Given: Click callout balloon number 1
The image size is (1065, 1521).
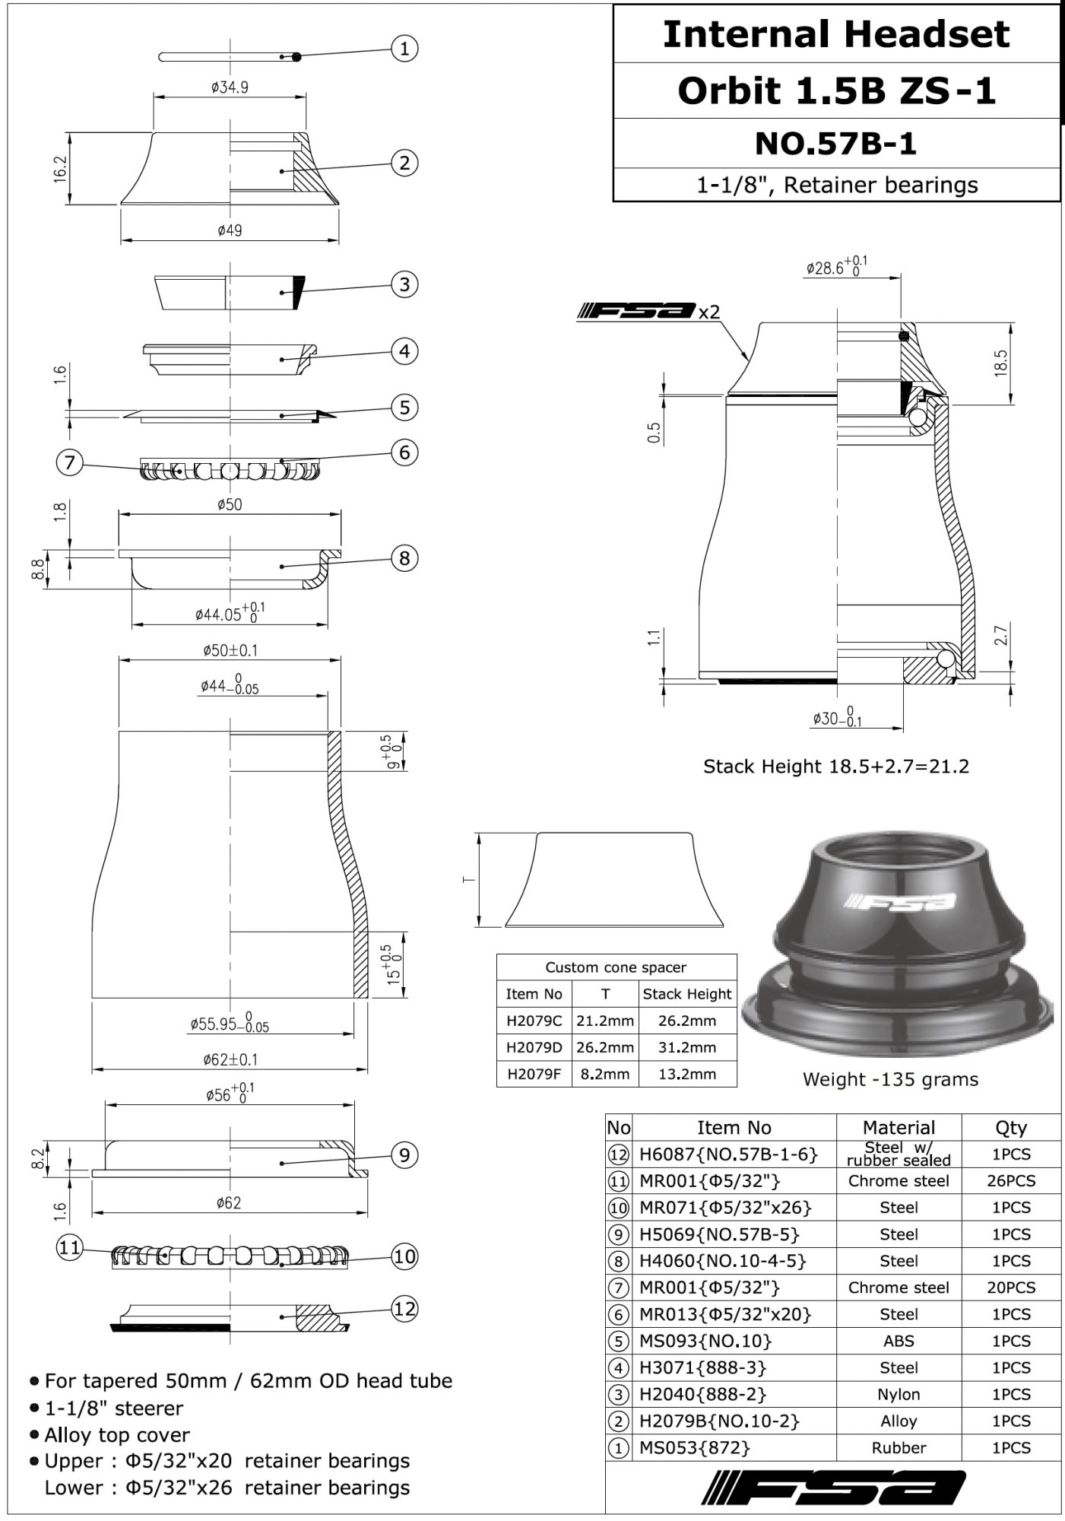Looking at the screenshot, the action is (404, 49).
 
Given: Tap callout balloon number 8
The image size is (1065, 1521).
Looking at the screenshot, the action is (404, 558).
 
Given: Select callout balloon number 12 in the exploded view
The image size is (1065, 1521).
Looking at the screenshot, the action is (404, 1309).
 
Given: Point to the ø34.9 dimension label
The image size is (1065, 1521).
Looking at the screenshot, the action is (230, 87).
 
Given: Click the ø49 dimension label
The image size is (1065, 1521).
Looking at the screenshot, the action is (230, 230).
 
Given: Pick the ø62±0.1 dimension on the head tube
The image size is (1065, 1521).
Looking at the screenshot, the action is (230, 1059).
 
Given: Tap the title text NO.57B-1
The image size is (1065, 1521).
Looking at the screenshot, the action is (835, 143).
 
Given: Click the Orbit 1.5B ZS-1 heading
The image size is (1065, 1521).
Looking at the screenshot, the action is (836, 90).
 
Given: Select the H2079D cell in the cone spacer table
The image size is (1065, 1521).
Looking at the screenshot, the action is (534, 1047).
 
